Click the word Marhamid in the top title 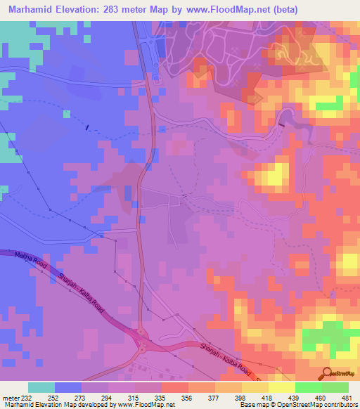[32, 10]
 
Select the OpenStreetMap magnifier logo [328, 373]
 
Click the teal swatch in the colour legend [41, 387]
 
